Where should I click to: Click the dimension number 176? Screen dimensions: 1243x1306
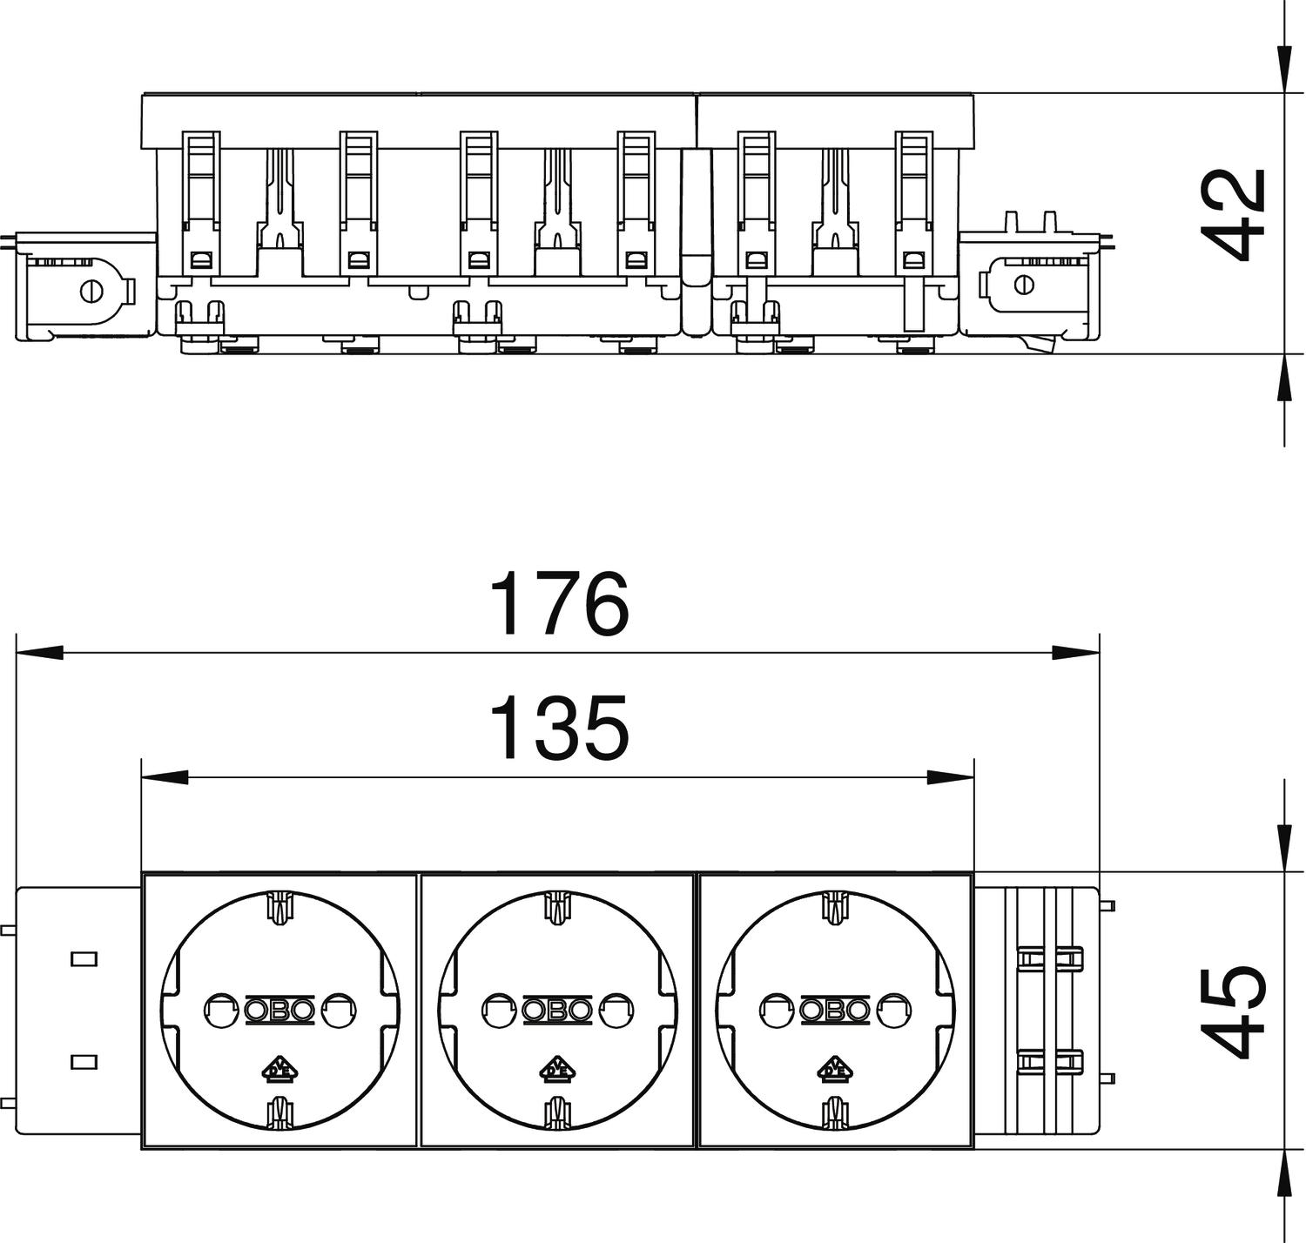click(x=559, y=603)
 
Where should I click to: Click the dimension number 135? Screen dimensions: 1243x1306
click(x=559, y=727)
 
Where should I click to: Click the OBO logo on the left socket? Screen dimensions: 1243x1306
click(x=279, y=1010)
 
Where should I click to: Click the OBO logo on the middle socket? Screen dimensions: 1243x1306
click(x=558, y=1010)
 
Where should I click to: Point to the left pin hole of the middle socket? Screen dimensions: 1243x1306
click(x=497, y=1010)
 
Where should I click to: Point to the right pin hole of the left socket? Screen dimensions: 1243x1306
click(x=339, y=1010)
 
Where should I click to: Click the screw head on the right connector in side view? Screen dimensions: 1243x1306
click(x=1024, y=285)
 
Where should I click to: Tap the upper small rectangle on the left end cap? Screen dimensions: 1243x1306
click(x=83, y=958)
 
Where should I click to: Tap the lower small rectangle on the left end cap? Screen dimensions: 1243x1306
click(x=83, y=1061)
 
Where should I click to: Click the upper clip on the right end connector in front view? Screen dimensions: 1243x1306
click(x=1050, y=958)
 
